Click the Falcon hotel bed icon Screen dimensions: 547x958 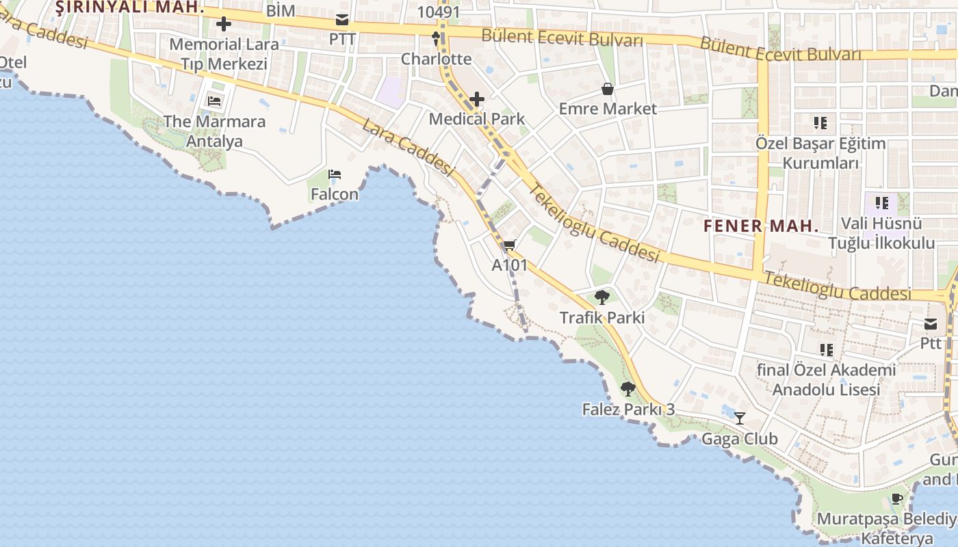tap(335, 174)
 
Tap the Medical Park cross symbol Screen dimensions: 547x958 tap(477, 99)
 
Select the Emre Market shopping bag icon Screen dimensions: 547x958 tap(607, 89)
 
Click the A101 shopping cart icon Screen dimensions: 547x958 tap(509, 245)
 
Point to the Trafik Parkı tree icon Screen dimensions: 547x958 tap(602, 297)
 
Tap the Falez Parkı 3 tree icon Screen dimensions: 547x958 tap(627, 389)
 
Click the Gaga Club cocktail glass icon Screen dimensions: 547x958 tap(739, 418)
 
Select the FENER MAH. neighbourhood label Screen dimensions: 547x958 tap(761, 226)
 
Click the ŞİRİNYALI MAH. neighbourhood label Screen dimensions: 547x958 tap(129, 7)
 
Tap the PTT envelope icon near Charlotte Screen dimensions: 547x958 tap(342, 19)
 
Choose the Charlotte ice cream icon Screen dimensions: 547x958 tap(436, 38)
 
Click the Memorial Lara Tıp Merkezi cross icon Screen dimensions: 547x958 tap(223, 25)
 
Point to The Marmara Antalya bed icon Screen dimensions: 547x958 tap(214, 101)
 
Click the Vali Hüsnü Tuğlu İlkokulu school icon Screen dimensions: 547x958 tap(881, 203)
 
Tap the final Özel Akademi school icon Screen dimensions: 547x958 tap(827, 350)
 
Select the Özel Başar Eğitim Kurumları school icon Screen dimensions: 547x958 tap(820, 123)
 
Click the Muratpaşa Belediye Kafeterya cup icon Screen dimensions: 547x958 tap(898, 498)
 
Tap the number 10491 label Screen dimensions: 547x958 tap(438, 12)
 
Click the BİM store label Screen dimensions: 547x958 tap(280, 11)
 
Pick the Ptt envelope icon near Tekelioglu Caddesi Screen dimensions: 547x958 tap(931, 324)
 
